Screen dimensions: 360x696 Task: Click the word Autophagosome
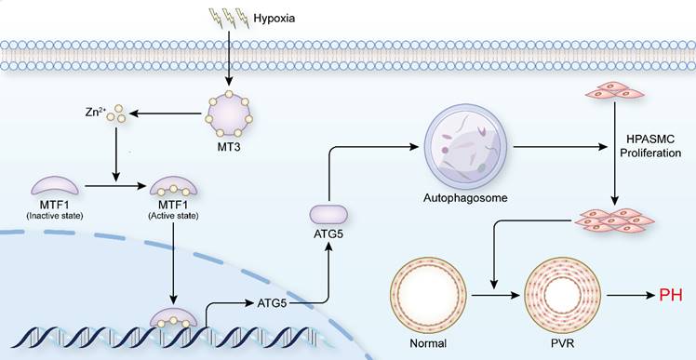pos(462,199)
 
